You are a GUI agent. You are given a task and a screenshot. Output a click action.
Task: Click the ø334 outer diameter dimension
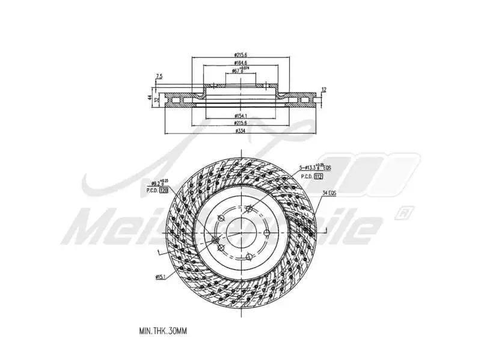tap(240, 130)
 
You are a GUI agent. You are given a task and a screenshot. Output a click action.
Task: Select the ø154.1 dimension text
tap(240, 115)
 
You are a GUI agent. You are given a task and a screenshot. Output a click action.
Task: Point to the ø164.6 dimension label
tap(240, 63)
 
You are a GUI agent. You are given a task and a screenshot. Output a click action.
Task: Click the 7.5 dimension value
tap(159, 76)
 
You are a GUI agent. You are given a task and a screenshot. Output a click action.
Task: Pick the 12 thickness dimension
tap(324, 90)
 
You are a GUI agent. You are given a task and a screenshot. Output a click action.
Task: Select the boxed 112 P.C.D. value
tap(318, 177)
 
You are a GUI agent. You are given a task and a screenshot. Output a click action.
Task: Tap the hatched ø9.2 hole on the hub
tap(215, 240)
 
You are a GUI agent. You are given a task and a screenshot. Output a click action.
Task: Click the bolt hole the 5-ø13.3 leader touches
tap(248, 209)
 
